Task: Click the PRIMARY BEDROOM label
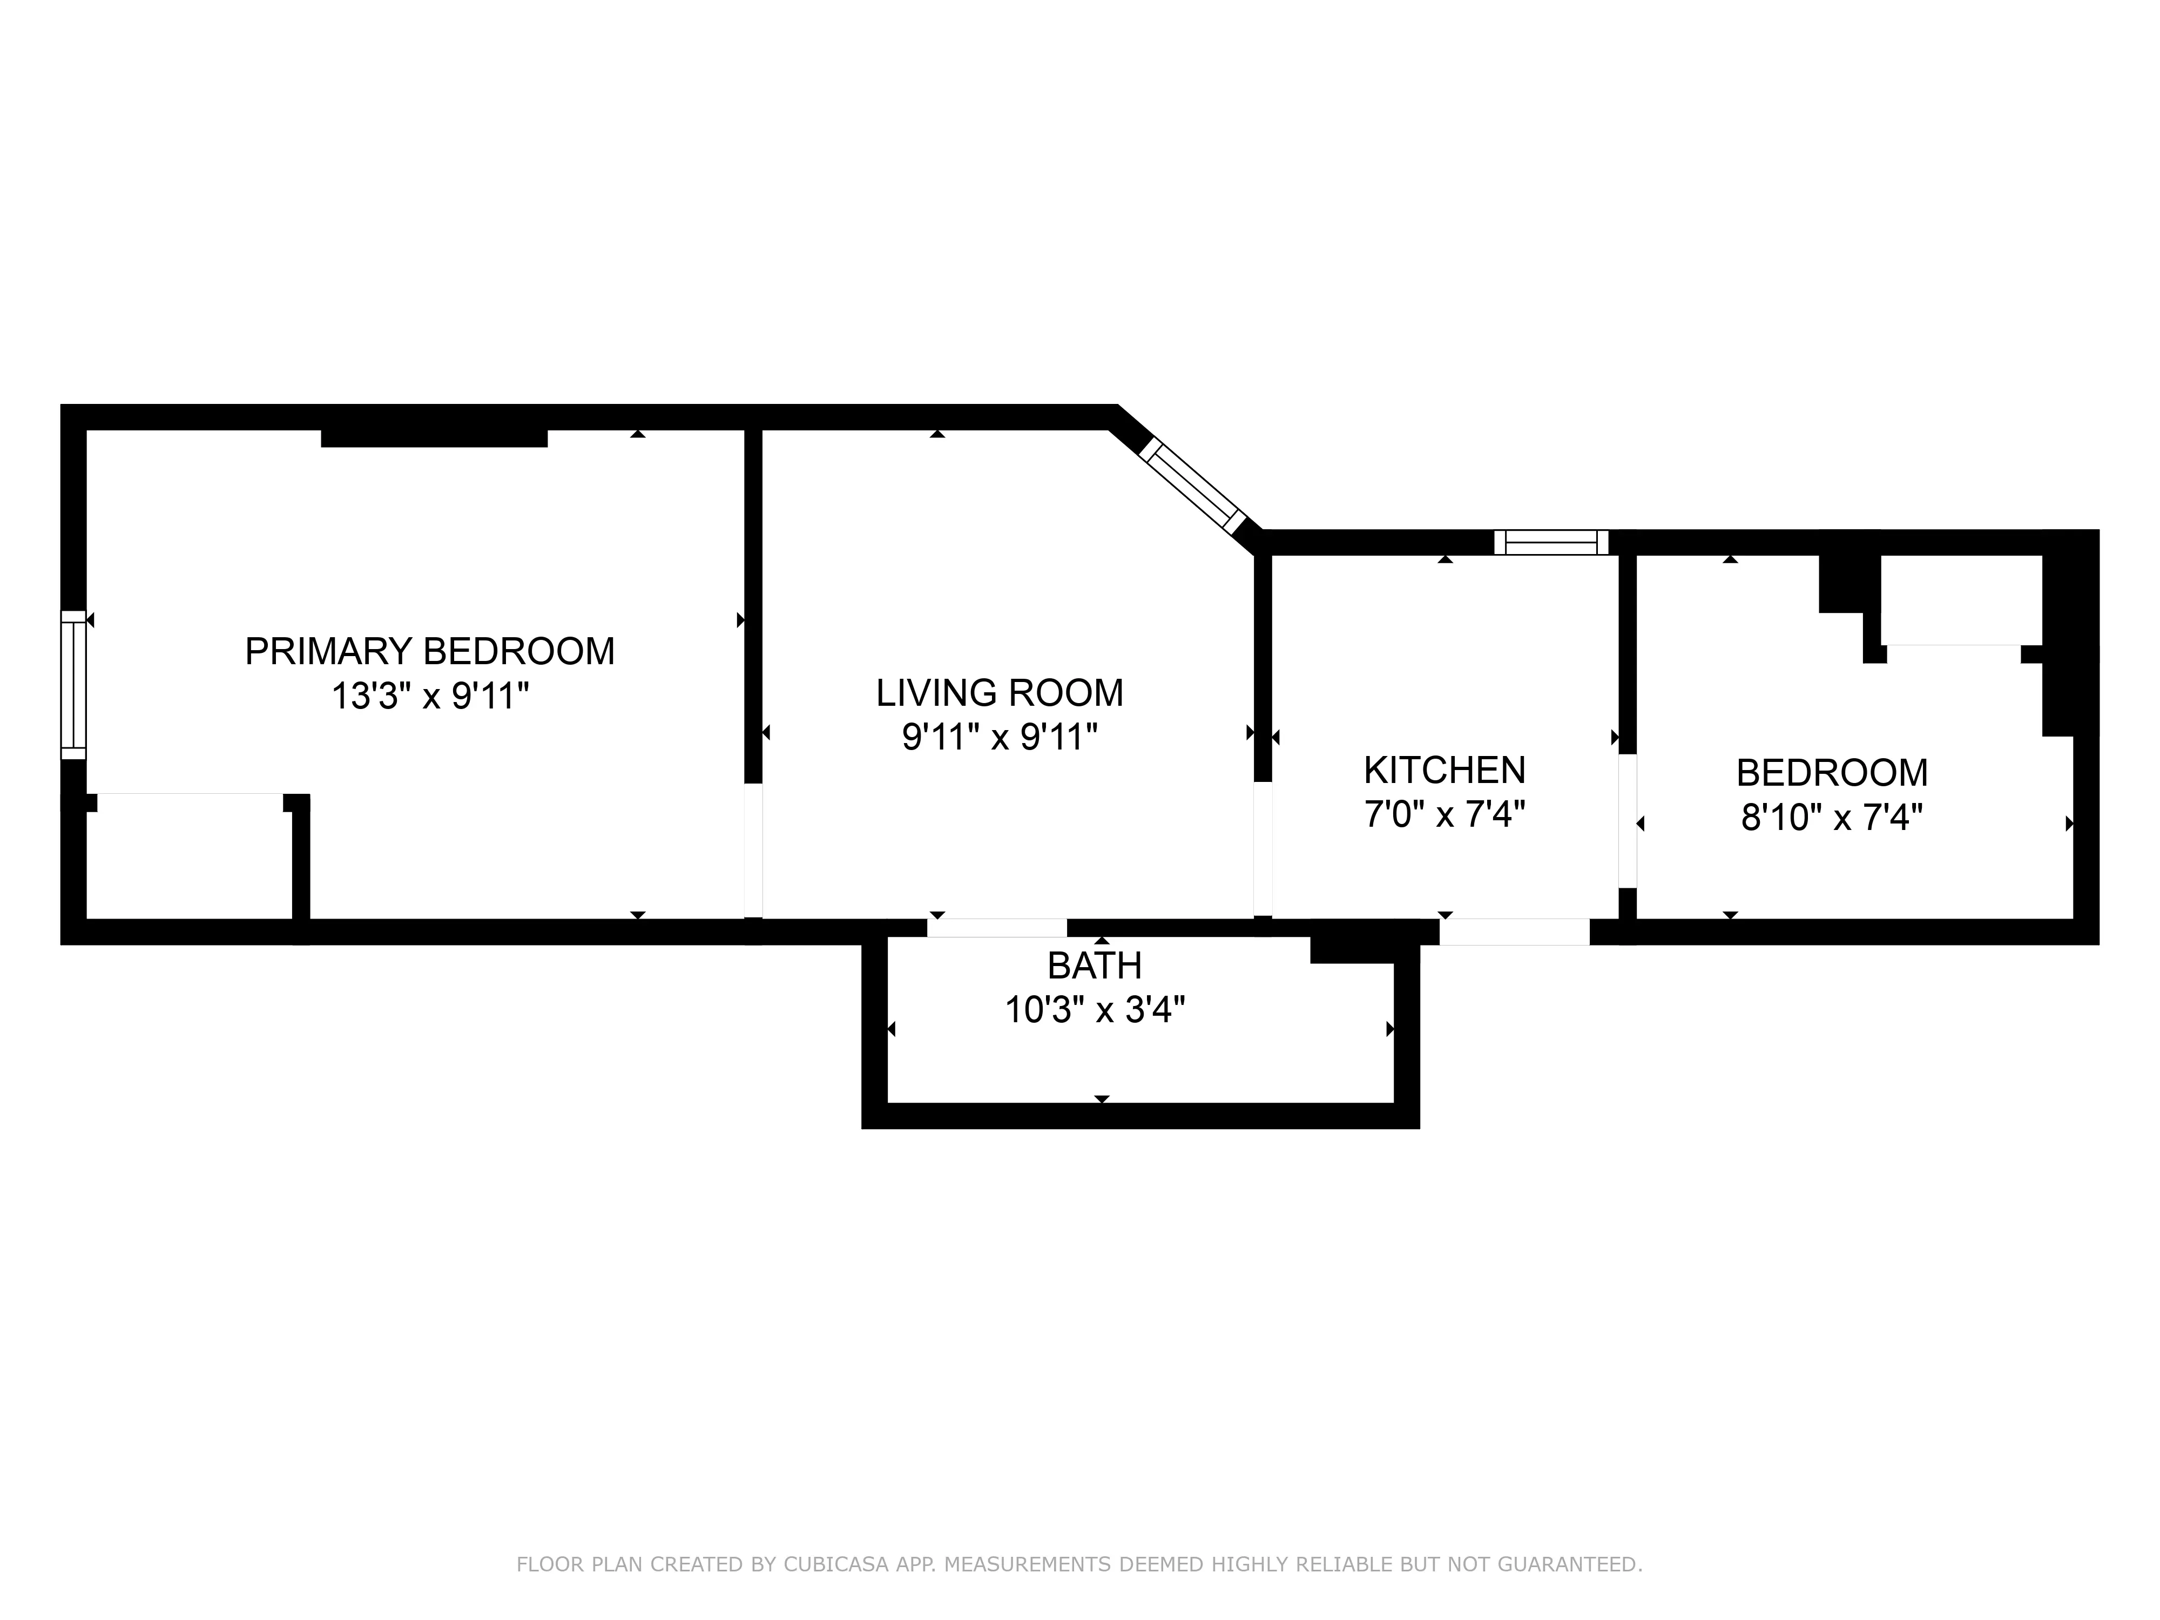(430, 651)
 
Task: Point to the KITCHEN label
(1444, 771)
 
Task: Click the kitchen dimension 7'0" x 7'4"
(1444, 814)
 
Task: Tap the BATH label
(1095, 966)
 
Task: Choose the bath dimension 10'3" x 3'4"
(1095, 1010)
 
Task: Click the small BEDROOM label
(1832, 773)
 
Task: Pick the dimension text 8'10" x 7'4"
(1832, 818)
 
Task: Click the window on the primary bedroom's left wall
(73, 685)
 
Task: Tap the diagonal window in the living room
(1193, 485)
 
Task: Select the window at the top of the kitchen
(1551, 542)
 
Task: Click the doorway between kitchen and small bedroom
(1627, 820)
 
